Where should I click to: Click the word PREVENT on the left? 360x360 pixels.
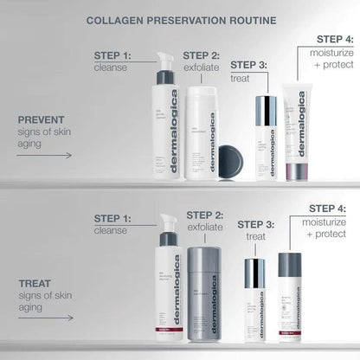41,120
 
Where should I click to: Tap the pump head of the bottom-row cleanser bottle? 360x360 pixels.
167,222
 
